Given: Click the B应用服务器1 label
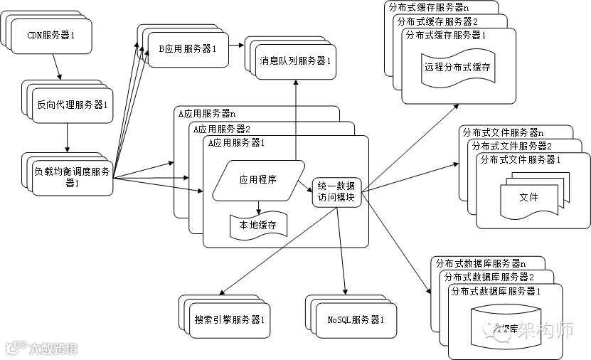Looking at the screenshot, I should tap(187, 48).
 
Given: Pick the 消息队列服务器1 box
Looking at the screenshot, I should tap(295, 60).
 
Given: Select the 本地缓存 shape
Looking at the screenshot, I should tap(257, 225).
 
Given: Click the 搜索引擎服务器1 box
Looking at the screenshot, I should tap(229, 319).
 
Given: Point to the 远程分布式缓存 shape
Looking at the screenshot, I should tap(458, 67).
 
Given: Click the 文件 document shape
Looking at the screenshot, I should tap(528, 196).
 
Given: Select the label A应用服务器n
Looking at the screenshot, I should tap(207, 113).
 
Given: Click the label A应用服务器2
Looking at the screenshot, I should tap(222, 129).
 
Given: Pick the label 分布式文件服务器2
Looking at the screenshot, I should tap(512, 146).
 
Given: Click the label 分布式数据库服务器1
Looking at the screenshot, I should tap(499, 291).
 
